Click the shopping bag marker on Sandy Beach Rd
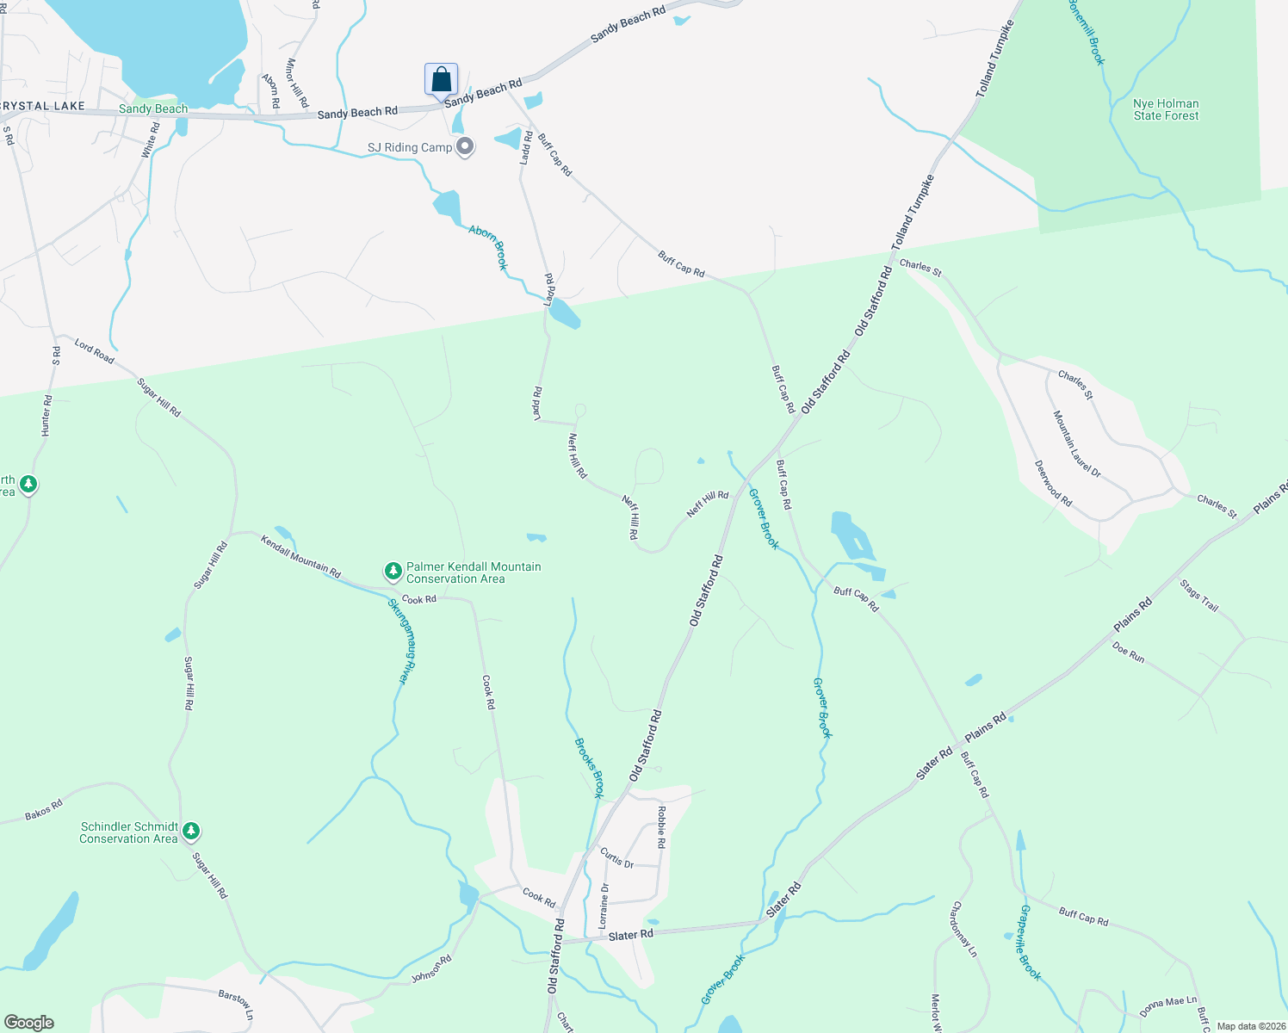coord(441,80)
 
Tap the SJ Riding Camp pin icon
coord(465,147)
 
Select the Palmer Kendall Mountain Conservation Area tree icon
coord(393,572)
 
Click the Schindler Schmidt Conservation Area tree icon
coord(192,832)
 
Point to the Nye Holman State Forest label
coord(1166,109)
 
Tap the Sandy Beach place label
coord(153,108)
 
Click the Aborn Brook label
coord(489,247)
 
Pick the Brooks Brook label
coord(589,768)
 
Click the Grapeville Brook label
coord(1031,943)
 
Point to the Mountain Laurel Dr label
coord(1077,443)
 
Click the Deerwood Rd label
coord(1053,483)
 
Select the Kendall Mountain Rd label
coord(301,556)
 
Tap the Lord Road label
coord(94,351)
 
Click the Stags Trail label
coord(1199,596)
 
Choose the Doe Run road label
coord(1128,653)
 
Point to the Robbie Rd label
coord(661,827)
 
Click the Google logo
coord(29,1023)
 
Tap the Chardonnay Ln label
coord(964,930)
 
